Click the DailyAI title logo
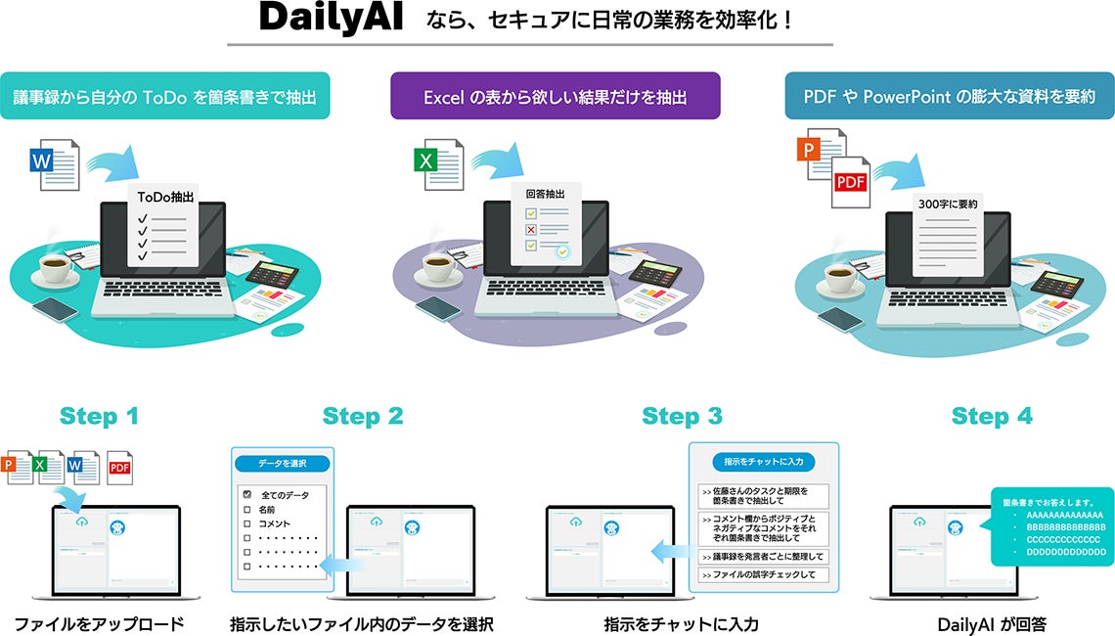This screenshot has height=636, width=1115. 331,20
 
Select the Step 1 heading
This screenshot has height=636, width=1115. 99,416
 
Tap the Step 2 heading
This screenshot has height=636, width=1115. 363,416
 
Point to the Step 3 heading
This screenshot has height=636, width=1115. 682,416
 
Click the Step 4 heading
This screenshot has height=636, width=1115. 992,416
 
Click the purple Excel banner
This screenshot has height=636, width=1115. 555,96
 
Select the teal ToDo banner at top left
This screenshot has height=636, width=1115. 164,96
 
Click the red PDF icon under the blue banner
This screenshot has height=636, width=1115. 849,182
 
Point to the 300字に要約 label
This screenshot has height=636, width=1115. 948,204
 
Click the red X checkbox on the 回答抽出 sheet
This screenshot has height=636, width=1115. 531,229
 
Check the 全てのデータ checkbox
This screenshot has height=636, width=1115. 247,495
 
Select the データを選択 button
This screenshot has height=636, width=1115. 282,462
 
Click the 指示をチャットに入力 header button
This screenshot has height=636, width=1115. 764,461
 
